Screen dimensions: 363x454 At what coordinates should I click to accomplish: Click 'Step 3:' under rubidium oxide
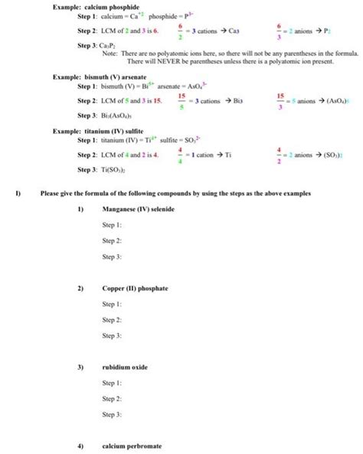pos(112,413)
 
